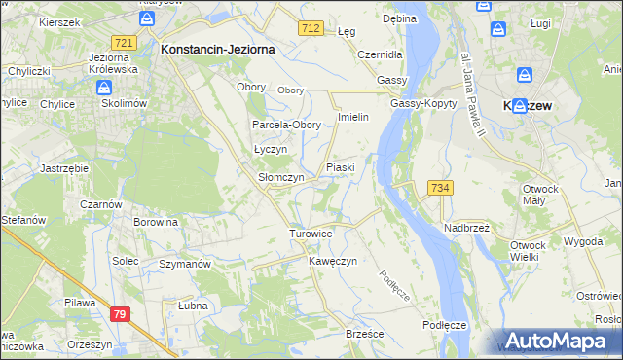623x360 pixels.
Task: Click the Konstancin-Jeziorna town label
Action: [218, 48]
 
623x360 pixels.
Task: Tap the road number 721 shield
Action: [123, 43]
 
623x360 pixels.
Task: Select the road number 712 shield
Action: [311, 29]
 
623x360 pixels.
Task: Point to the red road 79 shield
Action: [119, 313]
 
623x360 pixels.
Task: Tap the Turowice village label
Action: [311, 234]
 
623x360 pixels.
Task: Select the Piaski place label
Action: [340, 167]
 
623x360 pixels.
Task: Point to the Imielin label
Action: [351, 118]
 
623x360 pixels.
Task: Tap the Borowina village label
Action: [156, 222]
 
